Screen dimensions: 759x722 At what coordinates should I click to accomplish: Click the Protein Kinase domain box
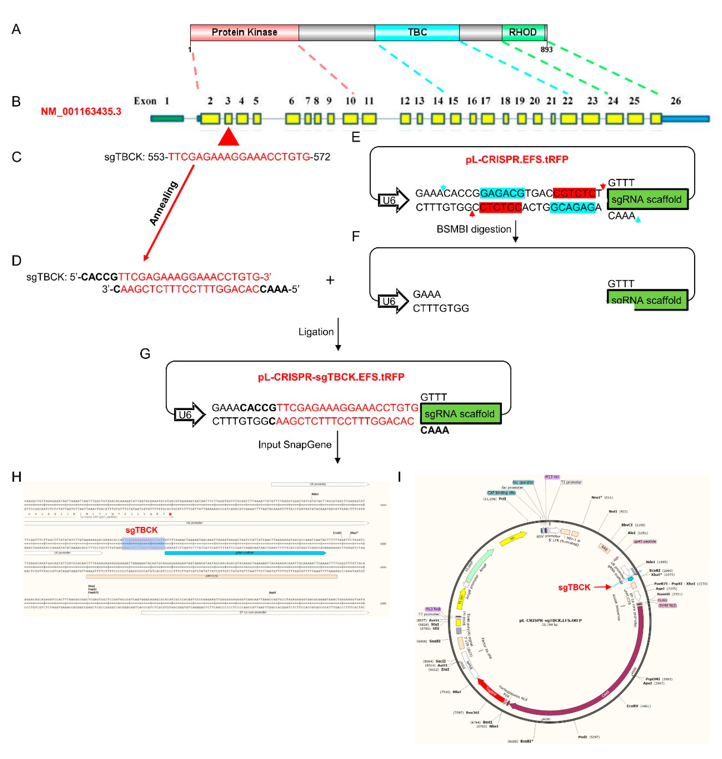pos(244,32)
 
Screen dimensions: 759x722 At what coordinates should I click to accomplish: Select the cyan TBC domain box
pos(417,32)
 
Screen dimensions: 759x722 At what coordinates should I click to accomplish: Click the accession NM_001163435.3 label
pos(81,112)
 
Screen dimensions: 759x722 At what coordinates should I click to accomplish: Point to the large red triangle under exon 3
pos(228,138)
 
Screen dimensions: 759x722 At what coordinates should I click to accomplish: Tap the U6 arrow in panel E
pos(392,200)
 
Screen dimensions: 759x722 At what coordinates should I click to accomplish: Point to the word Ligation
pos(316,332)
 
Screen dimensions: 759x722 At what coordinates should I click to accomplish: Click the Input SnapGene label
pos(295,444)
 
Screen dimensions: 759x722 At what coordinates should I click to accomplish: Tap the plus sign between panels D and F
pos(330,280)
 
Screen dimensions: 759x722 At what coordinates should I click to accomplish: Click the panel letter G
pos(145,354)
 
